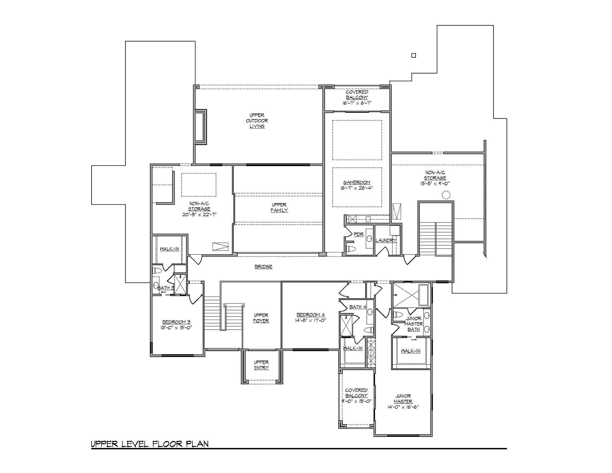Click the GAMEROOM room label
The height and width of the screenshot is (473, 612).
(x=357, y=182)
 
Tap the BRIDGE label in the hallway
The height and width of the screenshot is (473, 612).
(x=264, y=267)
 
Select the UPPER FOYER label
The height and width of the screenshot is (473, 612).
(x=261, y=318)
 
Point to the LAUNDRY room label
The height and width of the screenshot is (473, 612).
(x=386, y=240)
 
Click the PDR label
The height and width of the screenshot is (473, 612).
(x=359, y=235)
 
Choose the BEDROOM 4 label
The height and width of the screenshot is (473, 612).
(x=311, y=315)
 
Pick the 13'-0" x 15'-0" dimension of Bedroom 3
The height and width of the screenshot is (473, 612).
(x=176, y=328)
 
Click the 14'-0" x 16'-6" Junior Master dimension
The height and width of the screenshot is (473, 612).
(x=403, y=407)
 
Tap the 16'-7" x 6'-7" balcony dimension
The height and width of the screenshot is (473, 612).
(x=357, y=103)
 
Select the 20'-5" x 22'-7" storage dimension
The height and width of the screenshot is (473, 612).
(x=199, y=214)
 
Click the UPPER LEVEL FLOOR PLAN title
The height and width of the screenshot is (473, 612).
(x=150, y=444)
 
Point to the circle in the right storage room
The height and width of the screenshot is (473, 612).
(x=446, y=195)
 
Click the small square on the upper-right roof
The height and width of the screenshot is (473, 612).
(x=413, y=55)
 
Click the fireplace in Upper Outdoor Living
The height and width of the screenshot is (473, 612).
(x=200, y=127)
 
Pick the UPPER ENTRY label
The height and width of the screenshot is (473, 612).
(x=261, y=365)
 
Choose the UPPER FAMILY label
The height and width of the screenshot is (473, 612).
(x=279, y=208)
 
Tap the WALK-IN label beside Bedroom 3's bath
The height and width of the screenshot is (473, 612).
(x=169, y=249)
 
